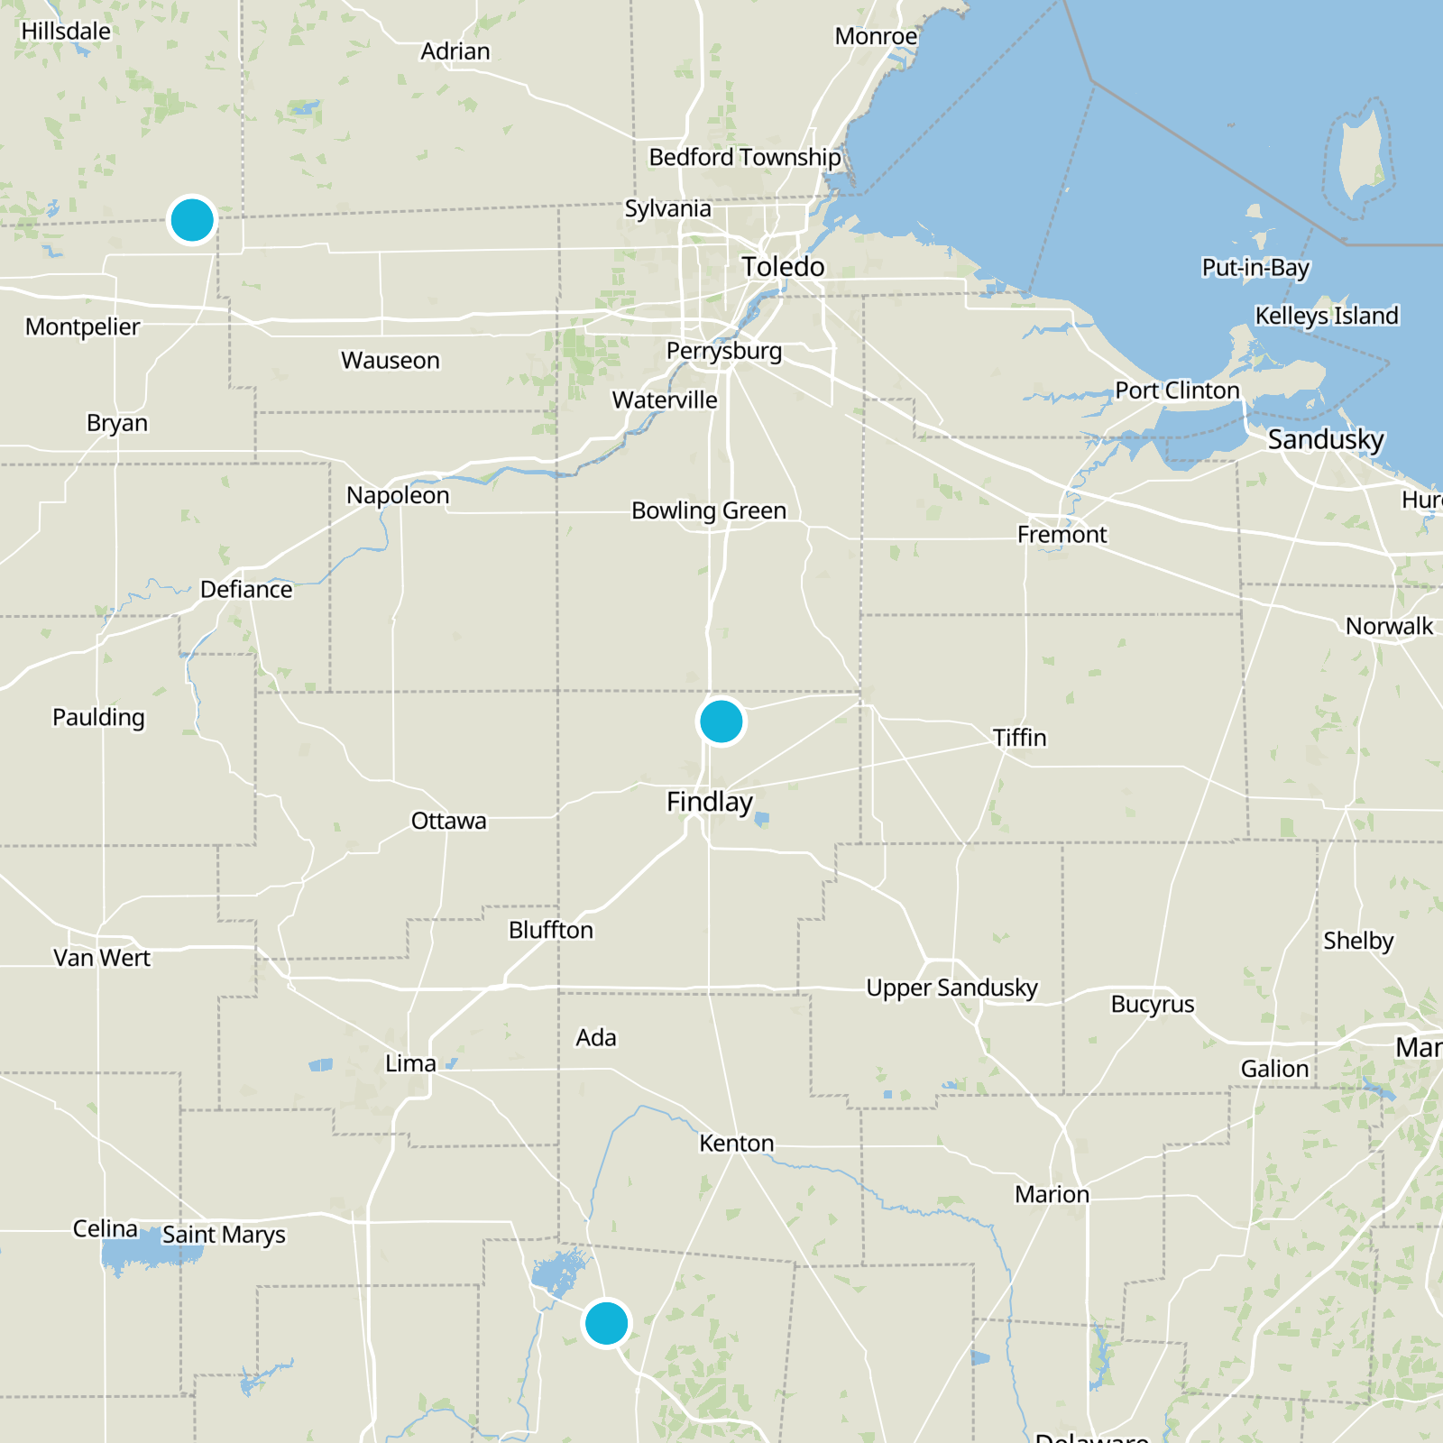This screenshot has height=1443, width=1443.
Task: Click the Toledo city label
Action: tap(783, 267)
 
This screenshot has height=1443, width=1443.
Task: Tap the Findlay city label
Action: tap(710, 802)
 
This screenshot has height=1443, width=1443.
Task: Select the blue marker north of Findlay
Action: tap(721, 721)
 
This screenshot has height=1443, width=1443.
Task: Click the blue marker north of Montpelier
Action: tap(192, 219)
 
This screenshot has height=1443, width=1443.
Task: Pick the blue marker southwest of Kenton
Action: tap(606, 1323)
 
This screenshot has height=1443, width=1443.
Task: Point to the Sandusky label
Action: tap(1326, 440)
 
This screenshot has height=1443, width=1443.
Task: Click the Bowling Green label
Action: tap(709, 511)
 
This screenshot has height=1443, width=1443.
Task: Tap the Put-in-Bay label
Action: tap(1255, 268)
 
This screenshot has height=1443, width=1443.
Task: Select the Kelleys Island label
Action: tap(1327, 316)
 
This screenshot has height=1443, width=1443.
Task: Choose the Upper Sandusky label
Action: tap(951, 988)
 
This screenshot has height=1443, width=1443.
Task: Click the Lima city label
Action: tap(410, 1064)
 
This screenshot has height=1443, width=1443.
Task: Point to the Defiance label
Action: tap(246, 590)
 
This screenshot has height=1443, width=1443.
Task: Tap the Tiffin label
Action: tap(1020, 738)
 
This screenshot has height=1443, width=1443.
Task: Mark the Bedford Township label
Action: tap(745, 158)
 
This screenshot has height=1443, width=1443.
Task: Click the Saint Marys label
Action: tap(224, 1235)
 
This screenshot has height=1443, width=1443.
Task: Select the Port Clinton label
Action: tap(1177, 391)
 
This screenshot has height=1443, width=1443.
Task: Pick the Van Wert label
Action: tap(102, 958)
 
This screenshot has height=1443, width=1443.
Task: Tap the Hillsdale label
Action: tap(66, 32)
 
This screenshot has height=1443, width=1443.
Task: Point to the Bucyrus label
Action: tap(1153, 1005)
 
